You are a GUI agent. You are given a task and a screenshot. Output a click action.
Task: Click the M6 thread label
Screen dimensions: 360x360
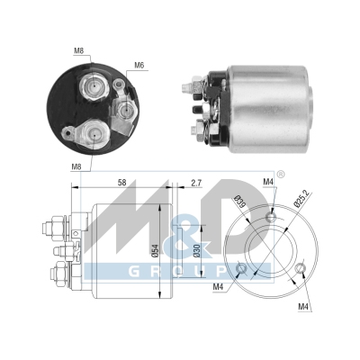139,65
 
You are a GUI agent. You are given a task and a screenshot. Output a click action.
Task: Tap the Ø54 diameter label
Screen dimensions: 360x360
158,242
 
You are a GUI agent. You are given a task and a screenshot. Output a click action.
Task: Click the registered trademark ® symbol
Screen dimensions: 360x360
256,174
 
